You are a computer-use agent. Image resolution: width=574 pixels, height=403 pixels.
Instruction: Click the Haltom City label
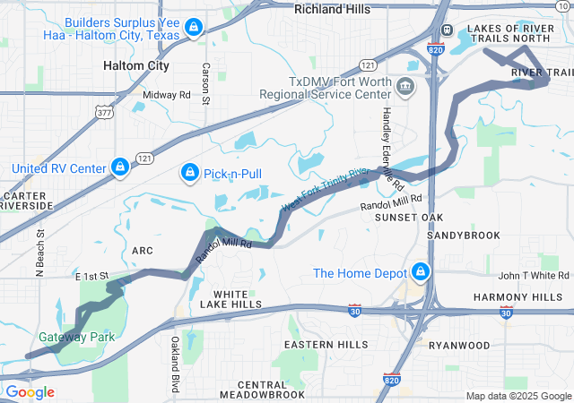136,65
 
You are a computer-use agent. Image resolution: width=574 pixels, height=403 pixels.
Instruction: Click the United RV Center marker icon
118,167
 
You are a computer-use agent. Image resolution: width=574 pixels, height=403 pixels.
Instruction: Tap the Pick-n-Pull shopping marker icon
190,171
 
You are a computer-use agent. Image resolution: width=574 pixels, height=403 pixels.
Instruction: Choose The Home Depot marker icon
420,271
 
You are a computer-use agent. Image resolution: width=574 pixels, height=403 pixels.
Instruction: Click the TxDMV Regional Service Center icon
405,87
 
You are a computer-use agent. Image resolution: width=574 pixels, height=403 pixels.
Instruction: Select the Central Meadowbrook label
251,390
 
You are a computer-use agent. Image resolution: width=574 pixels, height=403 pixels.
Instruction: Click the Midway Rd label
167,94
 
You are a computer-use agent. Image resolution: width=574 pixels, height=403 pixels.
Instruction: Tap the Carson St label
205,83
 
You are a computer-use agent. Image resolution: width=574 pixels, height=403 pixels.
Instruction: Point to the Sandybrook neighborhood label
463,235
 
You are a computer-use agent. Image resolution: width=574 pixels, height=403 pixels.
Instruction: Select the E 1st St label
91,275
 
